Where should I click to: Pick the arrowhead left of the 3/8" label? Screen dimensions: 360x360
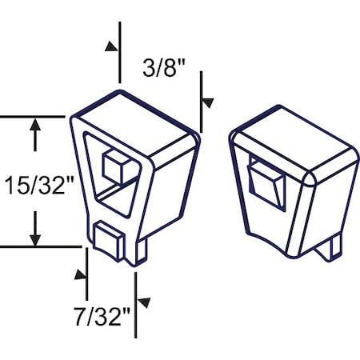110,47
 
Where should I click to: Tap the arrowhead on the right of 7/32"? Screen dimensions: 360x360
144,302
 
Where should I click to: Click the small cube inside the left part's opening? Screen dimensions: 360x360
117,166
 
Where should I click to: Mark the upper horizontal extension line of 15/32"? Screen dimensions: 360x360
32,117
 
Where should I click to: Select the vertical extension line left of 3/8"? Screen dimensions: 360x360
120,52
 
